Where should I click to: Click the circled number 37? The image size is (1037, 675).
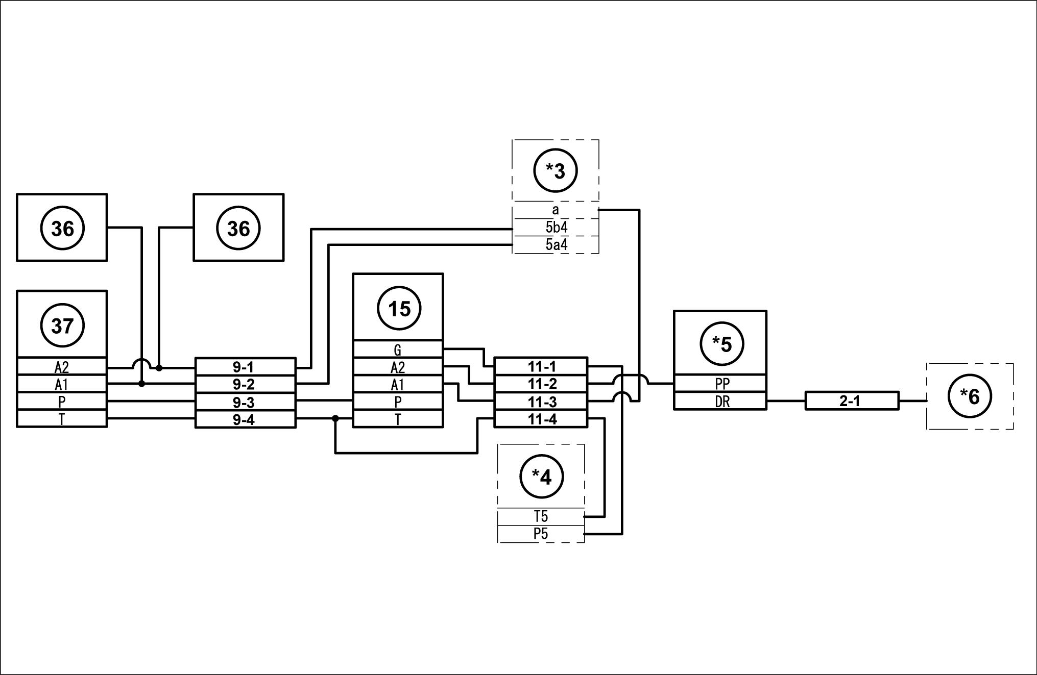[62, 326]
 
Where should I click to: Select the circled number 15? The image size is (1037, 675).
[399, 309]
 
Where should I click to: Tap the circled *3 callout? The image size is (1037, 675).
[556, 171]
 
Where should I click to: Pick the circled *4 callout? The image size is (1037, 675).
[541, 477]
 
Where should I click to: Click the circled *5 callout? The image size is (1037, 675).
[721, 344]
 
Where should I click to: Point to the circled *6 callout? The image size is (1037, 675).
[970, 396]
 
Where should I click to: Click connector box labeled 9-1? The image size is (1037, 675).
[245, 367]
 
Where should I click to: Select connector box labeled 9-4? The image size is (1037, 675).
[245, 419]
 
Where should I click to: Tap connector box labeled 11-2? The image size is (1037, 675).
[541, 384]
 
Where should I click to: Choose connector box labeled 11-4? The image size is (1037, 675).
[541, 419]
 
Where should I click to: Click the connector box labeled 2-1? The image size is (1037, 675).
[852, 401]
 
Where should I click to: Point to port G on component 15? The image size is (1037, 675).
[398, 350]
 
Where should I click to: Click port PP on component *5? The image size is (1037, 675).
[720, 384]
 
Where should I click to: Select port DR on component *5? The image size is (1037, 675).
[720, 402]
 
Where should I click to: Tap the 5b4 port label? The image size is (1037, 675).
[556, 228]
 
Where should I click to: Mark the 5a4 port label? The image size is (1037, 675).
[556, 245]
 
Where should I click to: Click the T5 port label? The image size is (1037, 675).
[541, 516]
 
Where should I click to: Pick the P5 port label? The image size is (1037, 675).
[541, 534]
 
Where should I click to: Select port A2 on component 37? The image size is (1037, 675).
[62, 367]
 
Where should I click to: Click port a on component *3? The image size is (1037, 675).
[556, 210]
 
